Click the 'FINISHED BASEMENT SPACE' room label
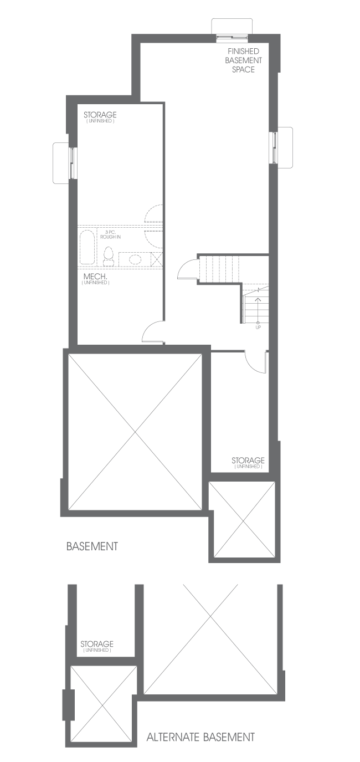pos(243,60)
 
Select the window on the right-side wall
pos(274,147)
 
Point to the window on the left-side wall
pos(73,162)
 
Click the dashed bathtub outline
pos(87,247)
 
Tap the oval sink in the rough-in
pos(135,259)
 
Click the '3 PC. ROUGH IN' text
pos(110,234)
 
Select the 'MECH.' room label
pos(95,277)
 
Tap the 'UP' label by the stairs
pos(258,328)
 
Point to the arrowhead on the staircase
pos(258,300)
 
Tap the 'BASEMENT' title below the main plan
pos(92,546)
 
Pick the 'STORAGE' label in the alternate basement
pos(97,644)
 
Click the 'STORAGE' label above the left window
pos(100,115)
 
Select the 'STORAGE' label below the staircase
pos(248,461)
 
